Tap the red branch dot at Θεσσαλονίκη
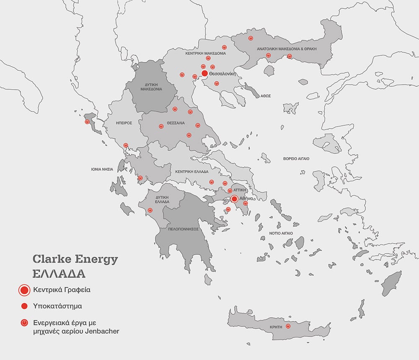pyautogui.click(x=204, y=73)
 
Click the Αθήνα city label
pyautogui.click(x=246, y=198)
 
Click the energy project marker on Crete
pyautogui.click(x=288, y=326)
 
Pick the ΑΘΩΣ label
pyautogui.click(x=266, y=96)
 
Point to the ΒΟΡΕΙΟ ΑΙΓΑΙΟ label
pyautogui.click(x=296, y=159)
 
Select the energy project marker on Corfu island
pyautogui.click(x=87, y=122)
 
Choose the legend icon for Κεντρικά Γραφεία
pyautogui.click(x=24, y=290)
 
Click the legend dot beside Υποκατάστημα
pyautogui.click(x=24, y=306)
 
